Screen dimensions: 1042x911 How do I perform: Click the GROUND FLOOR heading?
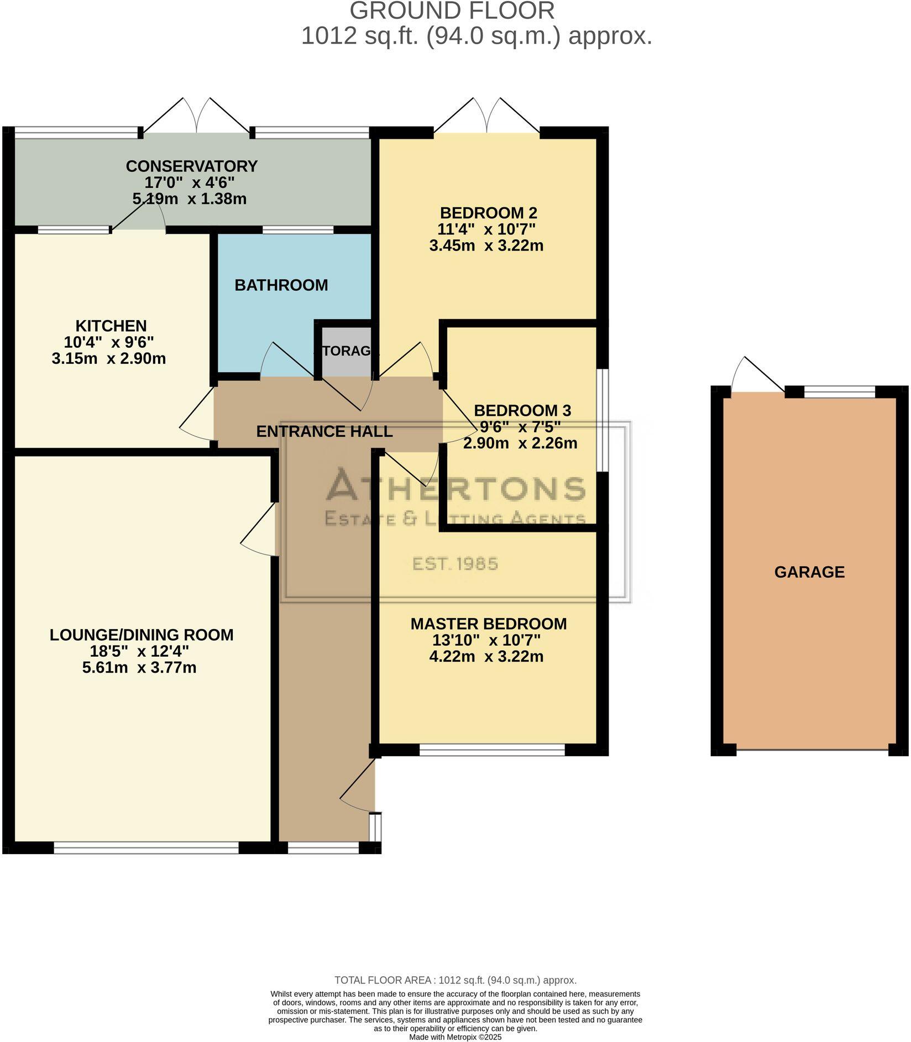pyautogui.click(x=452, y=11)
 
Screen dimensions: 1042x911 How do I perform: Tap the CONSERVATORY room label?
pyautogui.click(x=191, y=166)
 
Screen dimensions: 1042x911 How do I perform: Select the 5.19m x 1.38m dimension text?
pyautogui.click(x=189, y=199)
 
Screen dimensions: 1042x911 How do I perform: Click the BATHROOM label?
pyautogui.click(x=281, y=285)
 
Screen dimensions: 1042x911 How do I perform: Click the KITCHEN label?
pyautogui.click(x=111, y=326)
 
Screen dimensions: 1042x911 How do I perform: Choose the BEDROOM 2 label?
pyautogui.click(x=488, y=213)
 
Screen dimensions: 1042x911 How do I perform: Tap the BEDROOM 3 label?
pyautogui.click(x=522, y=411)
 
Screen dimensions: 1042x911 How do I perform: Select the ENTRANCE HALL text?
pyautogui.click(x=324, y=431)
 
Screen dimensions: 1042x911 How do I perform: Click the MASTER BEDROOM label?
pyautogui.click(x=488, y=624)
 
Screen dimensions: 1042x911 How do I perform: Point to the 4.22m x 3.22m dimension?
pyautogui.click(x=486, y=657)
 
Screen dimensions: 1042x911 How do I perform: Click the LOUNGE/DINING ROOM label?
pyautogui.click(x=142, y=635)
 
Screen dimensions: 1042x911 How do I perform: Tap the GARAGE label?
pyautogui.click(x=809, y=572)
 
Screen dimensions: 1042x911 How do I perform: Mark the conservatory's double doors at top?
pyautogui.click(x=196, y=116)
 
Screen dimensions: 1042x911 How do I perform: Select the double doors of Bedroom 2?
pyautogui.click(x=486, y=116)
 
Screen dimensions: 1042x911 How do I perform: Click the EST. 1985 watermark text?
pyautogui.click(x=455, y=564)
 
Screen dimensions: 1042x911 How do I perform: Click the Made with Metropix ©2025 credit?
pyautogui.click(x=455, y=1037)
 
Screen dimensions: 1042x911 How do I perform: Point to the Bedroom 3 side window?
pyautogui.click(x=605, y=420)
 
